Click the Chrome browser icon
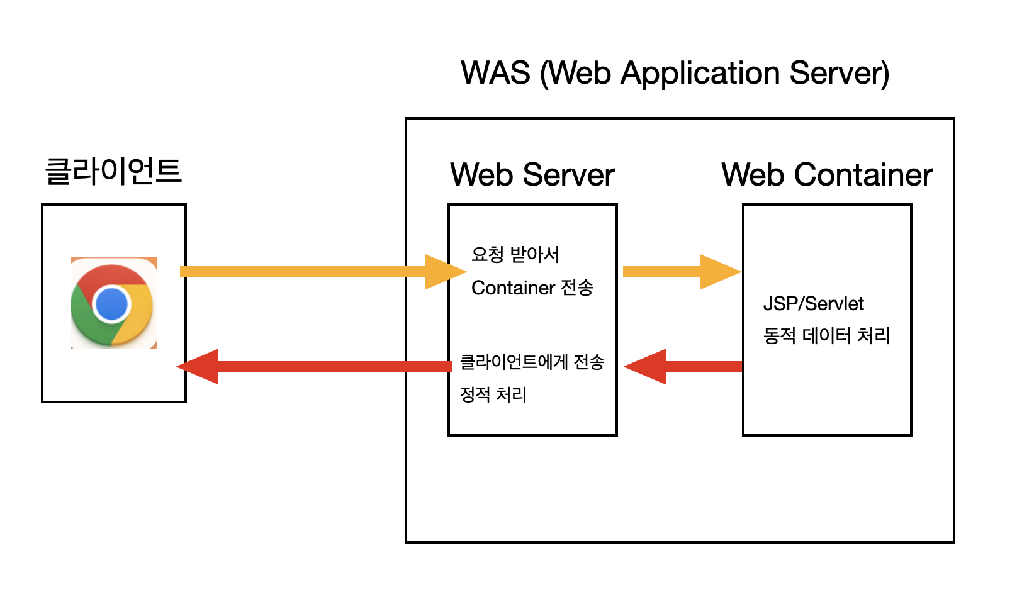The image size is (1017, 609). pyautogui.click(x=114, y=303)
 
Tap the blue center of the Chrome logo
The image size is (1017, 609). pyautogui.click(x=111, y=304)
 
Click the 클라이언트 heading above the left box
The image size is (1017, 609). pyautogui.click(x=113, y=171)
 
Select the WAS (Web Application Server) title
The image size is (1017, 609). pyautogui.click(x=675, y=73)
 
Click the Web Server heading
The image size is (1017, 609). pyautogui.click(x=532, y=174)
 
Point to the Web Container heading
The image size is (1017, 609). pyautogui.click(x=827, y=174)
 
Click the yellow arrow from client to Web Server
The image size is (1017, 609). pyautogui.click(x=323, y=272)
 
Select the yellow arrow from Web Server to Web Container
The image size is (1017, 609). pyautogui.click(x=682, y=272)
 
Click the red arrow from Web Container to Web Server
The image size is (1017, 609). pyautogui.click(x=683, y=367)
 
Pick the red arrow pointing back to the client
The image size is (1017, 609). pyautogui.click(x=314, y=367)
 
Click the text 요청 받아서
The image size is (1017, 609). pyautogui.click(x=515, y=254)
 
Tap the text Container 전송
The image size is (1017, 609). pyautogui.click(x=532, y=288)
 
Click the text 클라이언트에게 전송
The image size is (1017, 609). pyautogui.click(x=532, y=362)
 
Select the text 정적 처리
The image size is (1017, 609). pyautogui.click(x=493, y=394)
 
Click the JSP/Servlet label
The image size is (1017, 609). pyautogui.click(x=814, y=304)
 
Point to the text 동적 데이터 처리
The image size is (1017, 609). pyautogui.click(x=827, y=336)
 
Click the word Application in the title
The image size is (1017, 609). pyautogui.click(x=700, y=74)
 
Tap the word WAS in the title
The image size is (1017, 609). pyautogui.click(x=495, y=72)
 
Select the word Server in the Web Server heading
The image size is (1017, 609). pyautogui.click(x=568, y=174)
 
